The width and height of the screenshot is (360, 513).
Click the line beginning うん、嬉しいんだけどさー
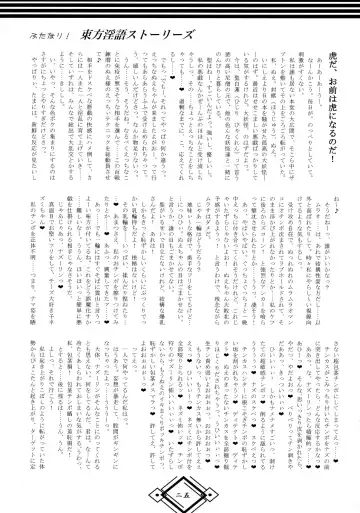149,120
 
